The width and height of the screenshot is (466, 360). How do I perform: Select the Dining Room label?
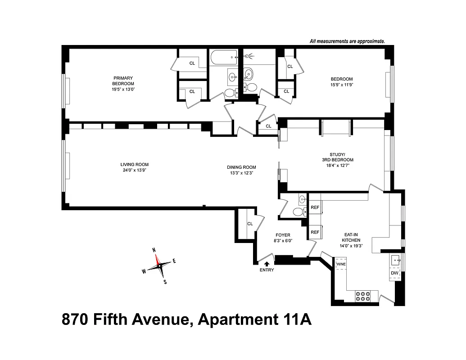(x=241, y=167)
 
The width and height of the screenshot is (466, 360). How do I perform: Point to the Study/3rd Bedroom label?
(x=338, y=157)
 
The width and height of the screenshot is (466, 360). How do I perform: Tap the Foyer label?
(x=283, y=235)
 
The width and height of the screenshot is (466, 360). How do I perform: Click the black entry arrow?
(x=267, y=264)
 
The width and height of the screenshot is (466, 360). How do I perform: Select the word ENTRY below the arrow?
(x=267, y=270)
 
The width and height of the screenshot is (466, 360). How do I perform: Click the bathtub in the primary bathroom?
(x=223, y=57)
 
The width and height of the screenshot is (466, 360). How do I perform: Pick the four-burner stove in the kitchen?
(x=363, y=295)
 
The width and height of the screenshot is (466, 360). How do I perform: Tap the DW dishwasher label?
(x=394, y=273)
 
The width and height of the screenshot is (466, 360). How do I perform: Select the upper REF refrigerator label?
(x=315, y=207)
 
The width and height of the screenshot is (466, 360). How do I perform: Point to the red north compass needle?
(x=156, y=258)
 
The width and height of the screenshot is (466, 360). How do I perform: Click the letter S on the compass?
(x=165, y=282)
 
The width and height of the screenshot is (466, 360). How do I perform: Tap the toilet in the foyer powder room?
(x=298, y=211)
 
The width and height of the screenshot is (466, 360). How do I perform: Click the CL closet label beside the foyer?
(x=250, y=224)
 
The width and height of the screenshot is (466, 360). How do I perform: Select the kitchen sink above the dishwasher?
(x=396, y=259)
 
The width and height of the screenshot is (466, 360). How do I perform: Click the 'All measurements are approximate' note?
(x=347, y=41)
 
